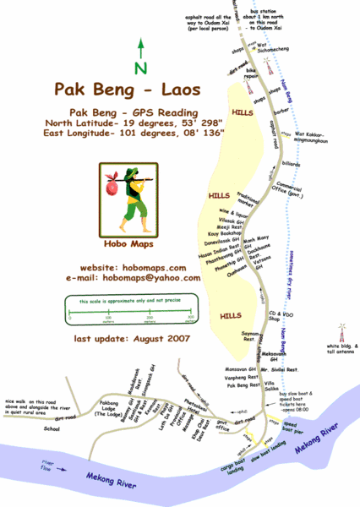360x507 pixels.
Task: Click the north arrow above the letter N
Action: click(141, 50)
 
